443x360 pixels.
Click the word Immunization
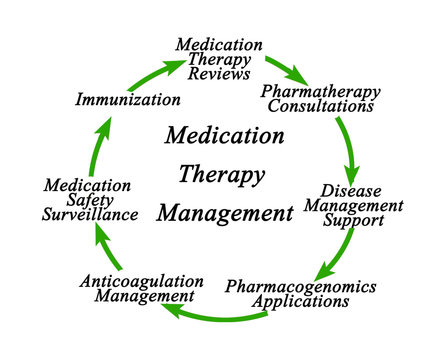coord(128,100)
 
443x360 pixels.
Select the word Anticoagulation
coord(137,281)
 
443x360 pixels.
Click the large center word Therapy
coord(222,174)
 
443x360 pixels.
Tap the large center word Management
coord(222,213)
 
